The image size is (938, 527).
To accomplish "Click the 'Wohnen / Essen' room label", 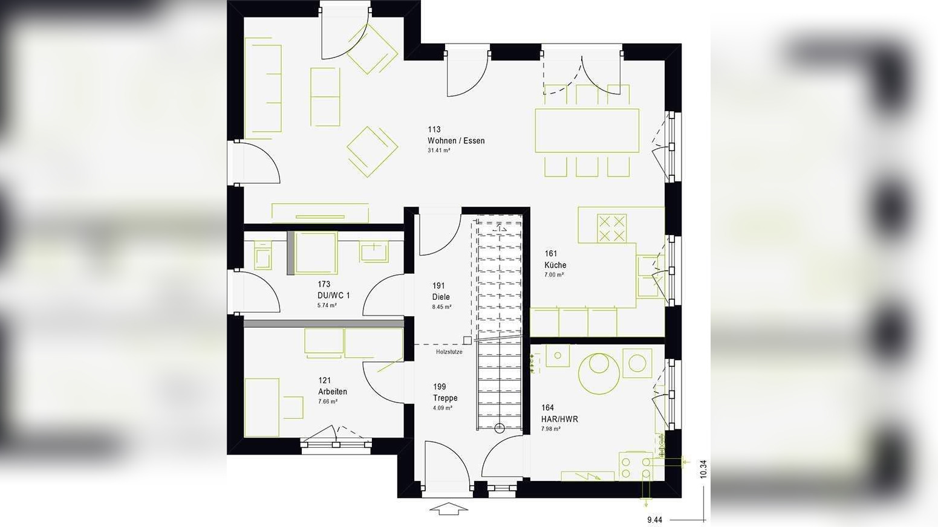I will [x=455, y=141].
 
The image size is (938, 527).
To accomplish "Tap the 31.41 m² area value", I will [x=438, y=150].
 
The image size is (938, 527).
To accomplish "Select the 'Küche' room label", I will [x=555, y=265].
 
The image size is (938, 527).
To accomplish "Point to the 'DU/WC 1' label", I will [x=333, y=296].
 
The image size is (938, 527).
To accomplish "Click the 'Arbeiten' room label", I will [x=333, y=392].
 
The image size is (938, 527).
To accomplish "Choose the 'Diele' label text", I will [x=441, y=297].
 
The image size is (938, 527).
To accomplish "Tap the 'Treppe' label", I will [x=445, y=398].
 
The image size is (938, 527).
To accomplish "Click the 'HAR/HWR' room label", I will [x=559, y=419].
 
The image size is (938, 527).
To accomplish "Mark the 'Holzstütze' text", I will [x=449, y=352].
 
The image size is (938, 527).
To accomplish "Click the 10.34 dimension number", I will [x=703, y=470].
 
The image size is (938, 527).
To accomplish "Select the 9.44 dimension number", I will [x=654, y=520].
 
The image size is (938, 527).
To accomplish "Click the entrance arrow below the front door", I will [x=449, y=508].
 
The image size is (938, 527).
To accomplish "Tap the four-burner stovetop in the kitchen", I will [x=611, y=228].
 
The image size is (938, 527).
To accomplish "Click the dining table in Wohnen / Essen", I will [x=587, y=130].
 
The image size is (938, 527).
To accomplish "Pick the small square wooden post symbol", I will [x=467, y=340].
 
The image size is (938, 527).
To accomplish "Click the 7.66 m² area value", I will [x=327, y=401].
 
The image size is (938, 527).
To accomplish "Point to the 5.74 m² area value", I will [x=327, y=306].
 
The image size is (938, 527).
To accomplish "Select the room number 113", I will [x=434, y=129].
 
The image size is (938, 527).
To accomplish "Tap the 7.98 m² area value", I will [x=550, y=428].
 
